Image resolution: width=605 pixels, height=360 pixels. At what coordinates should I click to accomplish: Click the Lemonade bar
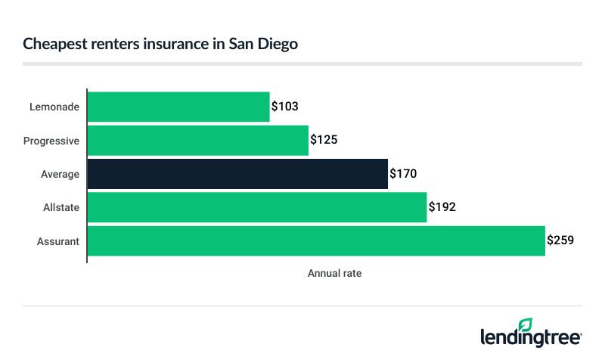178,107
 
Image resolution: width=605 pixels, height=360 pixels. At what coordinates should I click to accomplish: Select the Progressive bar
198,140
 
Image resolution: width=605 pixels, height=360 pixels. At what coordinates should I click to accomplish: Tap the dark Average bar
237,174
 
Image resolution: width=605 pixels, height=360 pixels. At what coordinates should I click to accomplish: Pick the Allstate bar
257,207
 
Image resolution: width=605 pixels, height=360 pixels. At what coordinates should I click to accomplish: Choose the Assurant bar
316,241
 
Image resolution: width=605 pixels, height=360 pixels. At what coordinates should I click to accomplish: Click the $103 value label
285,107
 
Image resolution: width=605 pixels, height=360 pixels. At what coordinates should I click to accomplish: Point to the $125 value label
324,140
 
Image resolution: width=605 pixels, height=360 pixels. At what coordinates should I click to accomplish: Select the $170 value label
403,174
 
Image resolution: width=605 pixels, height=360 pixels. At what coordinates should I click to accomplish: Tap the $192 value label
442,207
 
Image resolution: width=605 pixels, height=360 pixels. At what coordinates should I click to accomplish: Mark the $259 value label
560,241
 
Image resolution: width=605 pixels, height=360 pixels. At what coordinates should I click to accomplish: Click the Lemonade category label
55,107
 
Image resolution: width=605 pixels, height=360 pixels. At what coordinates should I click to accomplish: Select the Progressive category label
51,141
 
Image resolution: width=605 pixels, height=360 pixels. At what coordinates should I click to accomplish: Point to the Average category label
60,174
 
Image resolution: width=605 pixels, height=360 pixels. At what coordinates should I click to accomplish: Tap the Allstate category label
62,207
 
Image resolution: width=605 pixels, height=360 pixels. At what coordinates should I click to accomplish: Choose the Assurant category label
59,241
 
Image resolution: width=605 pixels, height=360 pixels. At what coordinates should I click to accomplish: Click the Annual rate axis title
334,274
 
